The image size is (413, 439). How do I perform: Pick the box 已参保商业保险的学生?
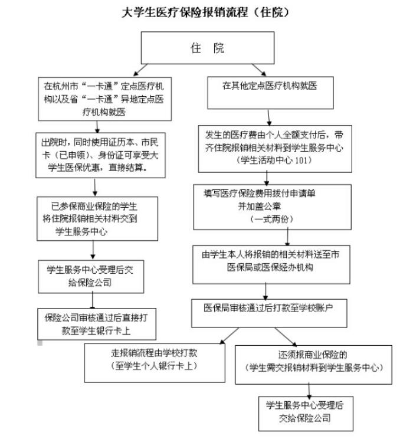(97, 218)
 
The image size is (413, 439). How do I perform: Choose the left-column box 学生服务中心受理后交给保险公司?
(98, 275)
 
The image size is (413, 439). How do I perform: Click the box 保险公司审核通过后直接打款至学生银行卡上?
(98, 323)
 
